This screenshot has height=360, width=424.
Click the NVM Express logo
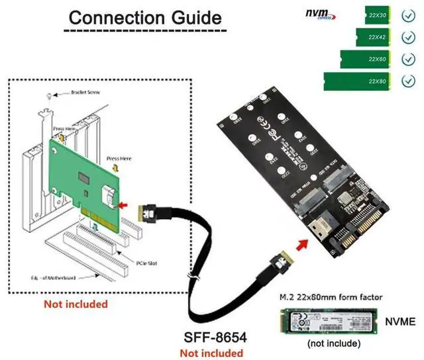(320, 13)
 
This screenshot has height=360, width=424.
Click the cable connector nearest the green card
(148, 213)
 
